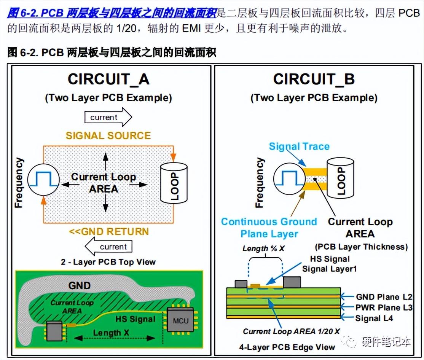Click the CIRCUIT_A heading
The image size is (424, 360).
click(108, 79)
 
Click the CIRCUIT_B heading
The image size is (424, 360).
click(314, 79)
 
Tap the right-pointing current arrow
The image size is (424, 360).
click(108, 117)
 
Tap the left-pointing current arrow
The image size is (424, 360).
click(108, 247)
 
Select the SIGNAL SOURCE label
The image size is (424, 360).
click(108, 136)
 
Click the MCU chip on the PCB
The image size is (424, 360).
click(180, 320)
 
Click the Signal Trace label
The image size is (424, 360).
click(299, 147)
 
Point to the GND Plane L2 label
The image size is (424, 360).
click(384, 297)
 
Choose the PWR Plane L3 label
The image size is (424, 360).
click(384, 307)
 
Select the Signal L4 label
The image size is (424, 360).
click(374, 318)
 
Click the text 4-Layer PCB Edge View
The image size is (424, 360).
click(287, 347)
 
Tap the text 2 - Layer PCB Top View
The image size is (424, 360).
click(108, 262)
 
